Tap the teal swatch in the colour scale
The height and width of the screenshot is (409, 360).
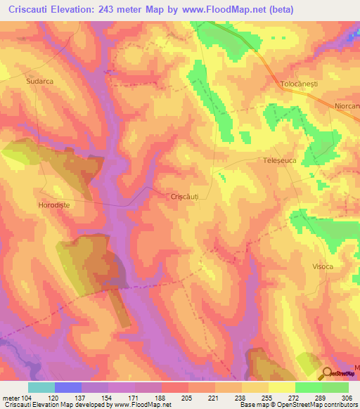click(41, 387)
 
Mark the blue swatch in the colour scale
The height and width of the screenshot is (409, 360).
click(68, 387)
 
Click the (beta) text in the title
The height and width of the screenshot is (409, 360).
click(278, 9)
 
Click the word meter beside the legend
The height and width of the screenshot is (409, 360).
click(10, 398)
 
